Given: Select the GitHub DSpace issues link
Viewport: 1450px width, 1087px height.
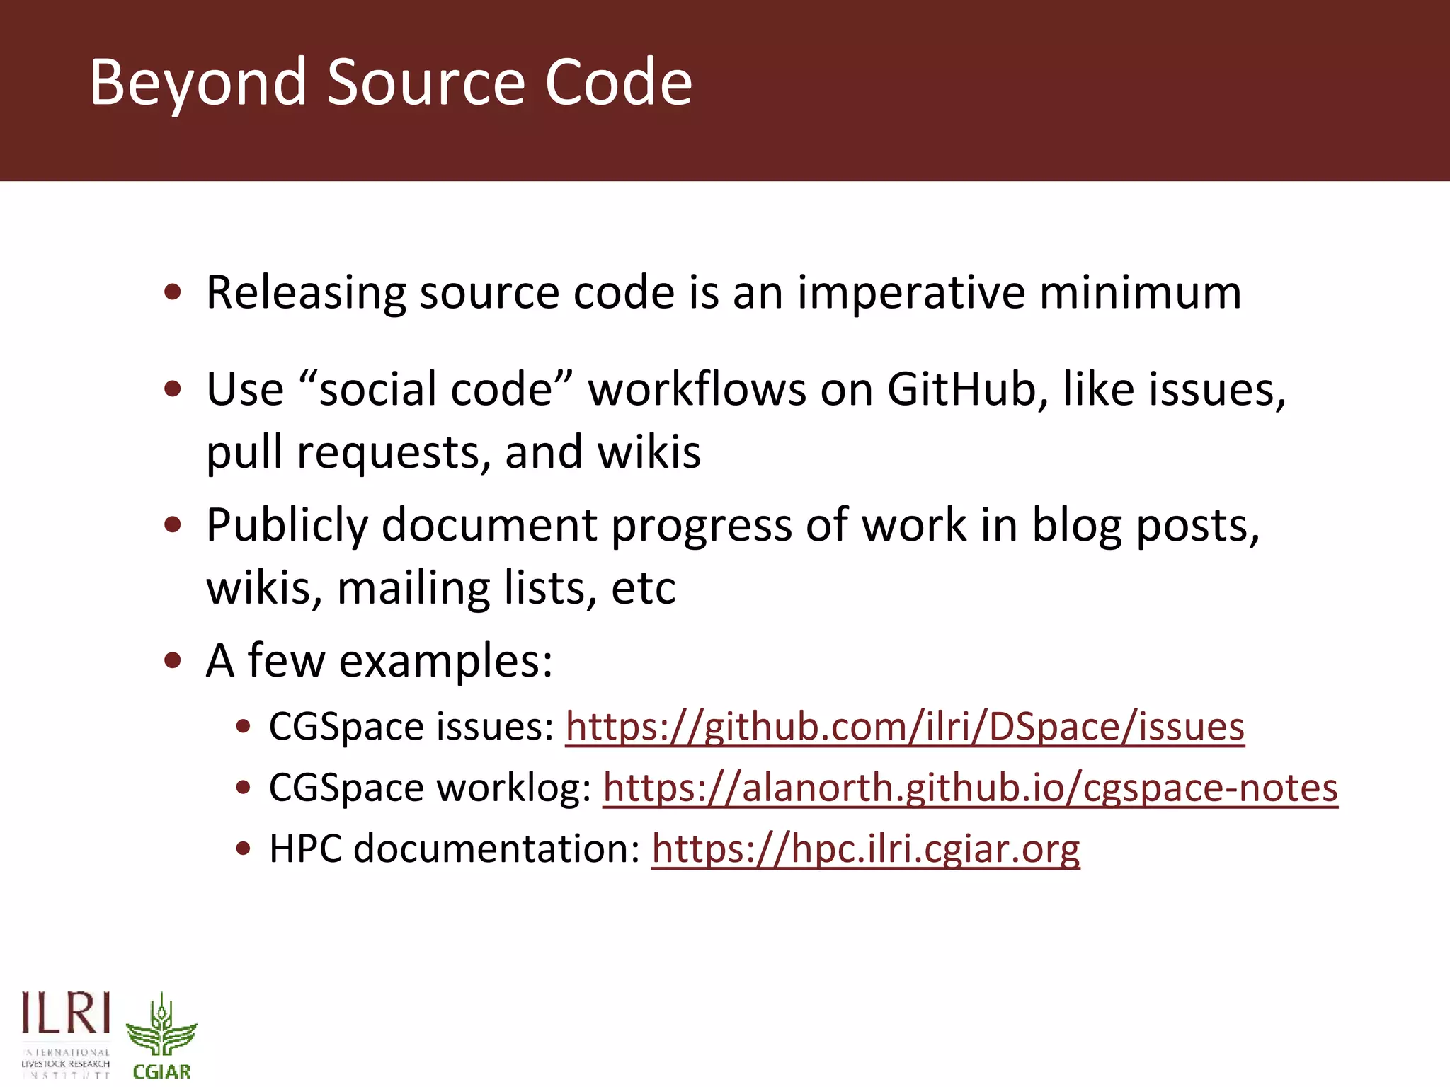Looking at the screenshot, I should tap(904, 727).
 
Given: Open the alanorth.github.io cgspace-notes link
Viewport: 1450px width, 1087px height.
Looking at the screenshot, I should tap(970, 788).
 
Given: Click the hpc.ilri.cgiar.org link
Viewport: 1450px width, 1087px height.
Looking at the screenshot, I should tap(865, 849).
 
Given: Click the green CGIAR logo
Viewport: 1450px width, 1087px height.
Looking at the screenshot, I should tap(161, 1036).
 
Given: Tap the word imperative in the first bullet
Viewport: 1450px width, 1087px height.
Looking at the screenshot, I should tap(911, 293).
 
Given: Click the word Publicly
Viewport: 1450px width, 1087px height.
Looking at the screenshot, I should tap(287, 526).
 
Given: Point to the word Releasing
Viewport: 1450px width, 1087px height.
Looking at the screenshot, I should tap(306, 293).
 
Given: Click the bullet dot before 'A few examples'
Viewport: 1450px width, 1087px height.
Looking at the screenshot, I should tap(173, 661).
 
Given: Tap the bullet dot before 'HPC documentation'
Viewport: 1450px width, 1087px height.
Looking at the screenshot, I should tap(244, 849).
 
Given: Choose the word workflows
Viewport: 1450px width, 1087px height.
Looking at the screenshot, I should tap(697, 389).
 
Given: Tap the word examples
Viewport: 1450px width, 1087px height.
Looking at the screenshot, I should tap(445, 661).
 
